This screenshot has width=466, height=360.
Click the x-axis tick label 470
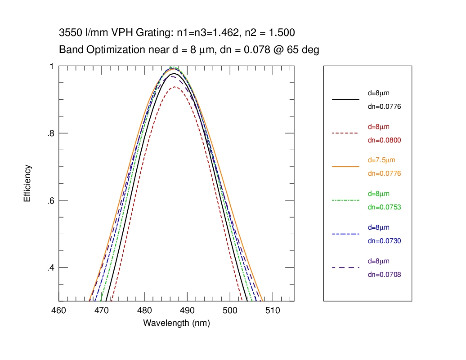tap(101, 311)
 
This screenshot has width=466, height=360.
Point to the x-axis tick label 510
tap(273, 311)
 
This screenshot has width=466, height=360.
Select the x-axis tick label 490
tap(187, 311)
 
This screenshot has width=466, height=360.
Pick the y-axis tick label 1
tap(52, 67)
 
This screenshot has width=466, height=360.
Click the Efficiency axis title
tap(27, 183)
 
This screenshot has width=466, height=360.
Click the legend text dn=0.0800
tap(384, 140)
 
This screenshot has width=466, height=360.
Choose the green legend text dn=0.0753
tap(384, 207)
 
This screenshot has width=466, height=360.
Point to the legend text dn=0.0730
tap(384, 241)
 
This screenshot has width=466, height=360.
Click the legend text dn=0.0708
tap(384, 274)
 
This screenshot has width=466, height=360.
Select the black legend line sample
tap(345, 99)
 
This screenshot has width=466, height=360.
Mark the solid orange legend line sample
tap(345, 167)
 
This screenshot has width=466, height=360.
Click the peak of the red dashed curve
tap(174, 87)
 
